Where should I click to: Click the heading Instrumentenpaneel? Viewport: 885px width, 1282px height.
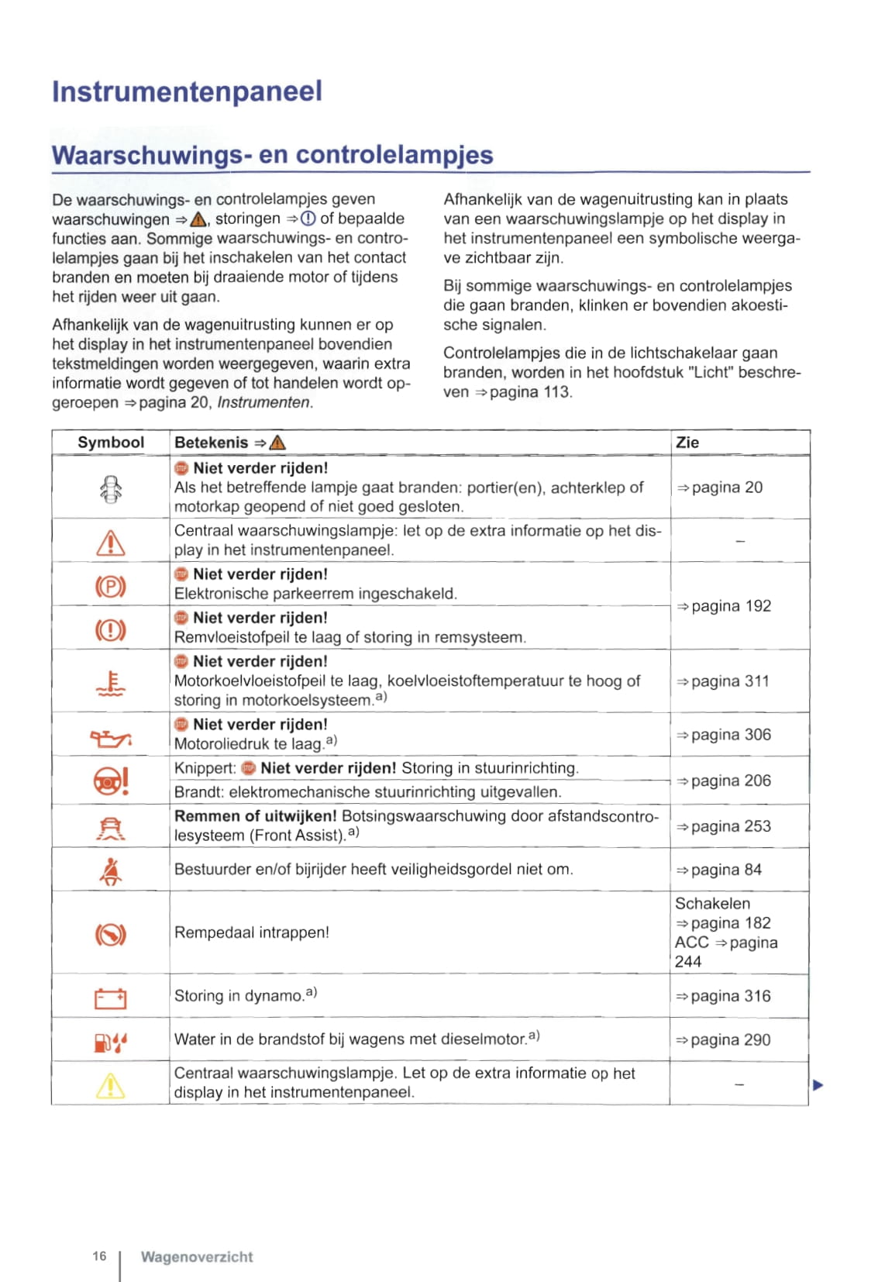coord(187,91)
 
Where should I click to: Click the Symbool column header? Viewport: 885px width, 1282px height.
coord(111,443)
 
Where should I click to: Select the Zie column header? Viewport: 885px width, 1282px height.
coord(687,443)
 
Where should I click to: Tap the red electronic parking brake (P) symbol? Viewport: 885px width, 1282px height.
coord(110,586)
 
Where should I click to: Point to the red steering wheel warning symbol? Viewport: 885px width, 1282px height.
coord(111,781)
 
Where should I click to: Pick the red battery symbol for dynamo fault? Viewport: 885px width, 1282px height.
coord(110,998)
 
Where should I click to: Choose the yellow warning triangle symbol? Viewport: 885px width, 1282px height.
coord(110,1086)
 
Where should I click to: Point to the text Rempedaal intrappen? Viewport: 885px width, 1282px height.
coord(251,932)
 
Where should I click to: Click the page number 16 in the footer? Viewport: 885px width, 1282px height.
coord(99,1256)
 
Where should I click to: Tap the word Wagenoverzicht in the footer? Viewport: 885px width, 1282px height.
coord(197,1257)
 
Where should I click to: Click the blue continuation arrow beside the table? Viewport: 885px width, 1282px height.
coord(818,1085)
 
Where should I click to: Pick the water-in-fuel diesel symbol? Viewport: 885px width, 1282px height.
coord(110,1042)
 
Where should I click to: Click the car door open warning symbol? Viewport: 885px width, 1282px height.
coord(111,489)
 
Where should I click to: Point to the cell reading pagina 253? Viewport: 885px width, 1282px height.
coord(723,826)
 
